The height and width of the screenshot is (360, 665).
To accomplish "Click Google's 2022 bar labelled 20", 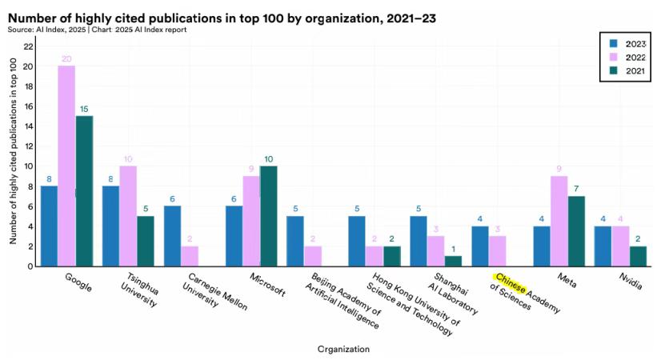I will (66, 166).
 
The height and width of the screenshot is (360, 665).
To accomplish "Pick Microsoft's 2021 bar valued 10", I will (270, 215).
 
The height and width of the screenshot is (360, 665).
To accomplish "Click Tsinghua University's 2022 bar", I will (128, 215).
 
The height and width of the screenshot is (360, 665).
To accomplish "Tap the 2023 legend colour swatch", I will (613, 44).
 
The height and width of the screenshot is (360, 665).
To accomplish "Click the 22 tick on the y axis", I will (28, 46).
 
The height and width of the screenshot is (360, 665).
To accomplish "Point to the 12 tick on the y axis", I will (28, 146).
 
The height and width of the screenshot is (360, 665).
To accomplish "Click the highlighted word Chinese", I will (509, 282).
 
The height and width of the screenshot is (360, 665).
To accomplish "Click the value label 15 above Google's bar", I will (84, 110).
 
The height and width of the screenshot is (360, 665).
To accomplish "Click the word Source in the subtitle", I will (21, 29).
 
